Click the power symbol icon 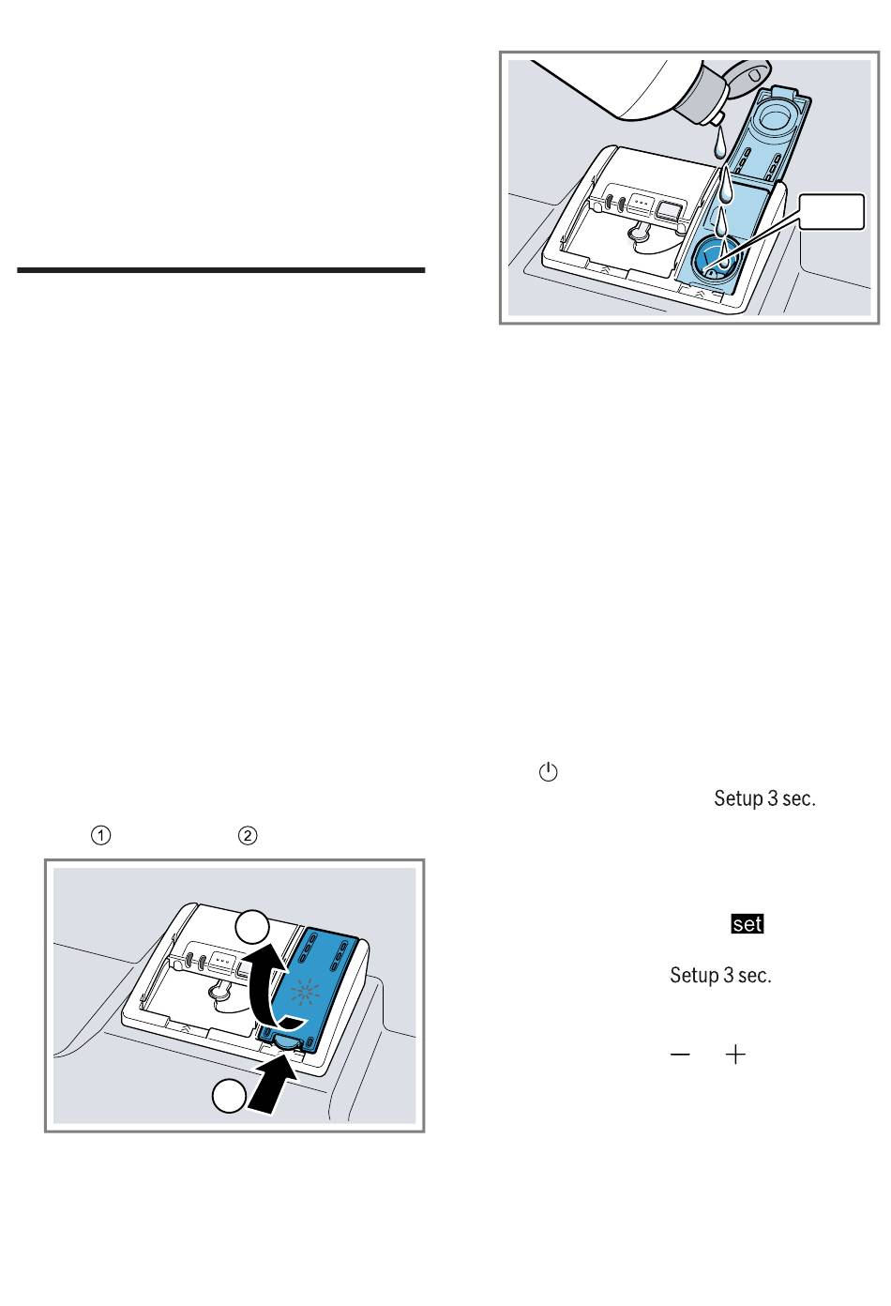548,772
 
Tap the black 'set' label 748,924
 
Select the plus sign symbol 735,1055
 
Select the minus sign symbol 680,1055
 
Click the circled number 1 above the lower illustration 100,836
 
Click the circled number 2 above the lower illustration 248,836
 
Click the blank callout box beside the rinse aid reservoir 831,212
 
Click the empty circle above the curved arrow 251,927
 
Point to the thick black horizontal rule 220,270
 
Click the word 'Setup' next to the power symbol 738,798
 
